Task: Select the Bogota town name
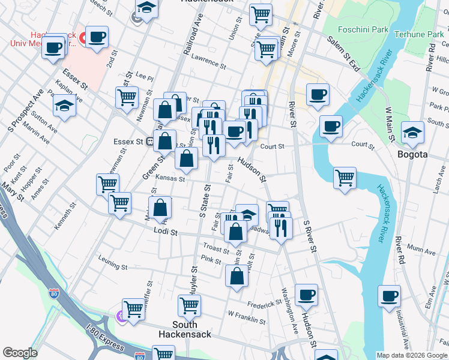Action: tap(412, 154)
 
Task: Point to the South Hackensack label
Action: tap(185, 329)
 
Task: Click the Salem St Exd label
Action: tap(343, 54)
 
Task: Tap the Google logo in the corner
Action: tap(20, 353)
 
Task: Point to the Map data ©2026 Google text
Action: tap(412, 355)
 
